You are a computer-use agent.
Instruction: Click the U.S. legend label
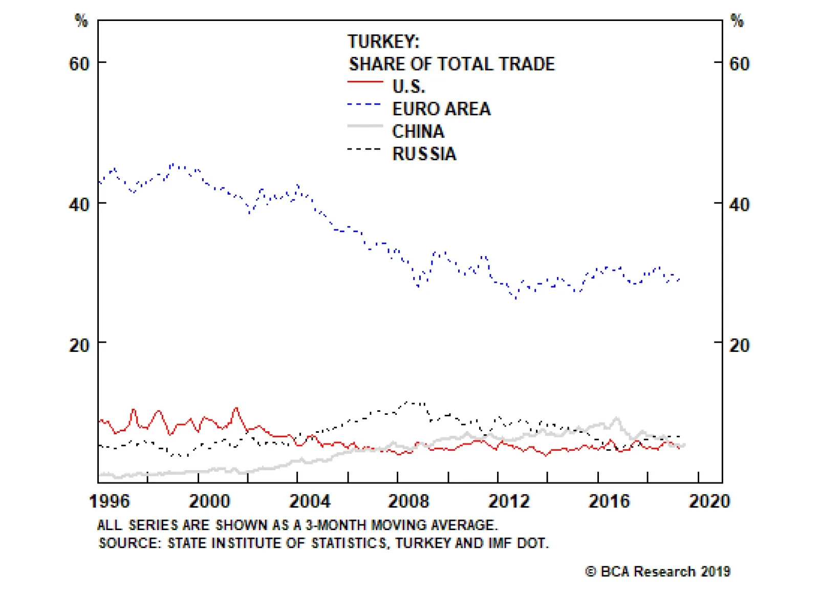pyautogui.click(x=408, y=87)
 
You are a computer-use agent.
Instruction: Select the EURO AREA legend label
pyautogui.click(x=441, y=109)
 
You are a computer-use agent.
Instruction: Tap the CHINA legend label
pyautogui.click(x=418, y=132)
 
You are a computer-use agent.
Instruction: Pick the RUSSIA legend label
pyautogui.click(x=424, y=154)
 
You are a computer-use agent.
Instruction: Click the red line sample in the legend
pyautogui.click(x=365, y=82)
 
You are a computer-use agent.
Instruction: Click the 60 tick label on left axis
pyautogui.click(x=79, y=64)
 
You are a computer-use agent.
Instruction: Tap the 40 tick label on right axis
pyautogui.click(x=739, y=205)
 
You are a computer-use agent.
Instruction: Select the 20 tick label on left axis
pyautogui.click(x=79, y=345)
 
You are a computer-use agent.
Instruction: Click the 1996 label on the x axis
pyautogui.click(x=110, y=501)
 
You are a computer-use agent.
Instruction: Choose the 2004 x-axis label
pyautogui.click(x=310, y=501)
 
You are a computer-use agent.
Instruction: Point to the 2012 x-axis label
pyautogui.click(x=509, y=501)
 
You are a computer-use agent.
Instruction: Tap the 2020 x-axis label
pyautogui.click(x=709, y=501)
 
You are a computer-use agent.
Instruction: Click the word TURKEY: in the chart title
pyautogui.click(x=383, y=41)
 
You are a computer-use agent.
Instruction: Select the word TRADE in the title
pyautogui.click(x=527, y=64)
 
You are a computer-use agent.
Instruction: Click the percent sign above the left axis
pyautogui.click(x=81, y=20)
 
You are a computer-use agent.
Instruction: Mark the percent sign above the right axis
pyautogui.click(x=737, y=20)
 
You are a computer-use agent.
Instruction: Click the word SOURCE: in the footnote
pyautogui.click(x=130, y=543)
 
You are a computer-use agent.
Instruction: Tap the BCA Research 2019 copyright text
pyautogui.click(x=658, y=572)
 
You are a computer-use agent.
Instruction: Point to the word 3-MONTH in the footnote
pyautogui.click(x=336, y=525)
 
